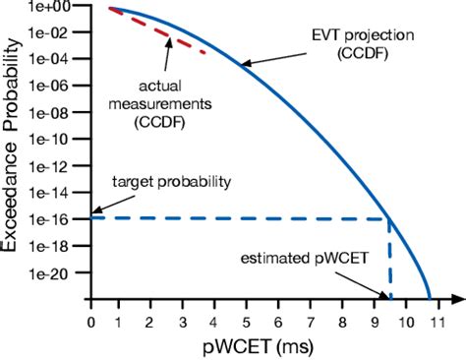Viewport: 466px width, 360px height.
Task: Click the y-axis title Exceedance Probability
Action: pos(14,148)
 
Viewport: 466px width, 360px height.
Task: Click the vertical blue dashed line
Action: pos(390,261)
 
